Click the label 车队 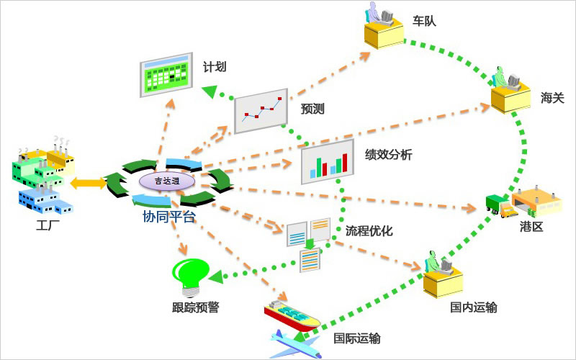(425, 21)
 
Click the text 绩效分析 (388, 155)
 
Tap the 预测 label (312, 109)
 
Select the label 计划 (215, 67)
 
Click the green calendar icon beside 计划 (166, 75)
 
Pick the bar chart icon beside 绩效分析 (328, 163)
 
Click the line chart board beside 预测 (261, 110)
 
